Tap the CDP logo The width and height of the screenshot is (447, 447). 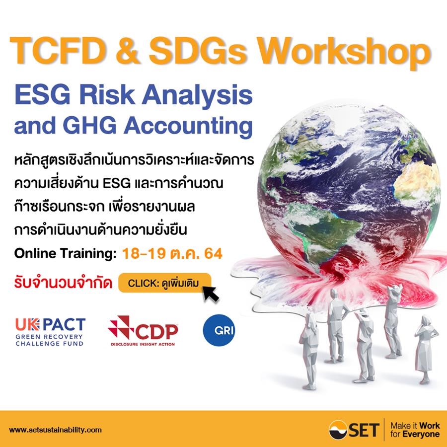tap(143, 331)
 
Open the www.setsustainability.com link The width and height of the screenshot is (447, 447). tap(55, 430)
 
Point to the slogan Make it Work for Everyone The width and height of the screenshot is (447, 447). tap(415, 430)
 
